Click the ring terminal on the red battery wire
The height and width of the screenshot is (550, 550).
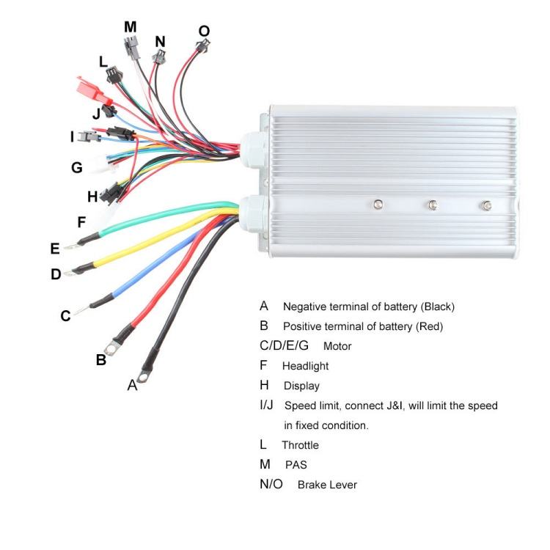[112, 343]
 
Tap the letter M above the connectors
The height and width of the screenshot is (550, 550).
[130, 27]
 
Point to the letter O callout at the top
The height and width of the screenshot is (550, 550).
[204, 31]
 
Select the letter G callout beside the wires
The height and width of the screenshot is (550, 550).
[76, 168]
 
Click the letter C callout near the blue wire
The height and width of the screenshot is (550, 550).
[65, 316]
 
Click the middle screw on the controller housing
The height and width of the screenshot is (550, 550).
[433, 205]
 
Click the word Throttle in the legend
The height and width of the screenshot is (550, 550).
[300, 445]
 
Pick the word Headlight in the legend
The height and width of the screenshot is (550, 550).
[305, 366]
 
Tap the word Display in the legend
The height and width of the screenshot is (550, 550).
[301, 386]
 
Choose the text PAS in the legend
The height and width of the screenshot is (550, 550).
[296, 465]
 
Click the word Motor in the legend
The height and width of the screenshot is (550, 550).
[337, 346]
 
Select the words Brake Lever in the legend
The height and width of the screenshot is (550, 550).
[327, 485]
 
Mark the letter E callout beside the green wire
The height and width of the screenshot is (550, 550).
[54, 249]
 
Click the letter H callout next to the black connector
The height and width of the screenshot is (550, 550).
[92, 197]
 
